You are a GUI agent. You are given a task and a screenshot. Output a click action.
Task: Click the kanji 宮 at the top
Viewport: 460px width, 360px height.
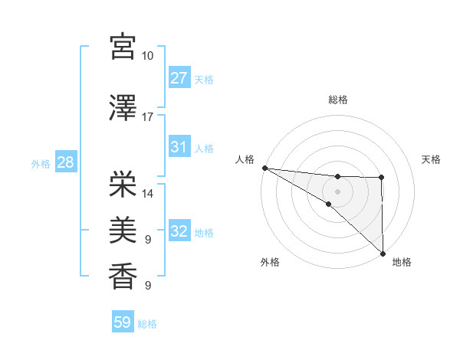click(x=122, y=46)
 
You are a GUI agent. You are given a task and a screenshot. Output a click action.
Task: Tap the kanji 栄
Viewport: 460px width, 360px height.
click(x=122, y=183)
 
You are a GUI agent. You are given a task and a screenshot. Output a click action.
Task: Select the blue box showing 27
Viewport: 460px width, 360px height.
click(x=179, y=78)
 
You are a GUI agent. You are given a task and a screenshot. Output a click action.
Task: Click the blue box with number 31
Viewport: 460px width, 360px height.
click(x=179, y=147)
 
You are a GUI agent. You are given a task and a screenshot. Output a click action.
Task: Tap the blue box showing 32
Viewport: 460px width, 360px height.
click(x=179, y=231)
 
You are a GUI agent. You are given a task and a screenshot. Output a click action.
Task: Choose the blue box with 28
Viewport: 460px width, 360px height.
click(x=65, y=162)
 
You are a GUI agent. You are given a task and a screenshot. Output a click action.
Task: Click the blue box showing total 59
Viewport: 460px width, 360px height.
click(x=122, y=322)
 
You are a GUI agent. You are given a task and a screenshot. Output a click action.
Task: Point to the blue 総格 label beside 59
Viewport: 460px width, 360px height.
click(x=147, y=324)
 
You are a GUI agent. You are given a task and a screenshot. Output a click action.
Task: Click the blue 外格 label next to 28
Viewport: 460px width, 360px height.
click(x=41, y=163)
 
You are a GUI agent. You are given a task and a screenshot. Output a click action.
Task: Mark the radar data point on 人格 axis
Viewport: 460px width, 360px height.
click(x=264, y=168)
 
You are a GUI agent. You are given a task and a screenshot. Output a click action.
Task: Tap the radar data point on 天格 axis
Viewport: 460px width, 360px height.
click(x=382, y=178)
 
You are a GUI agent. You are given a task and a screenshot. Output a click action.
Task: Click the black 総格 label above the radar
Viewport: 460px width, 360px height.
click(x=337, y=100)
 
